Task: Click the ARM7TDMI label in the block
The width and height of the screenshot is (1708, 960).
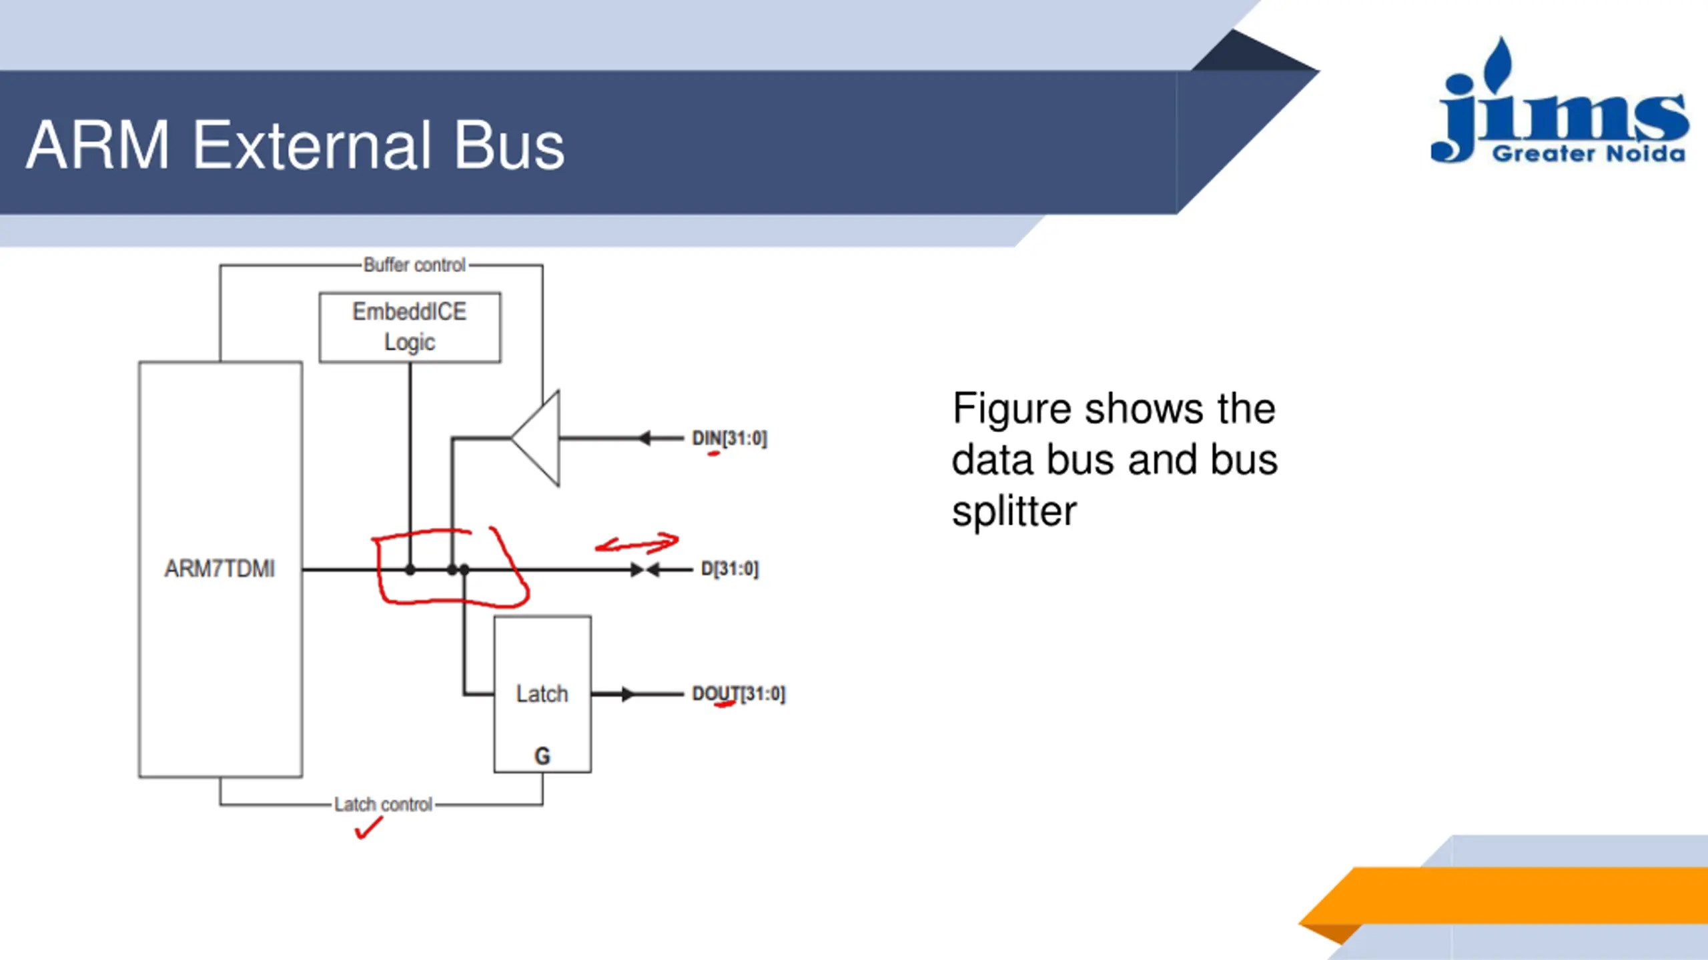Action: tap(220, 569)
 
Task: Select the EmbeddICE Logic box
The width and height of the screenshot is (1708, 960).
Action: tap(410, 327)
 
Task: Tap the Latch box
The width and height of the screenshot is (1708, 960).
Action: tap(542, 693)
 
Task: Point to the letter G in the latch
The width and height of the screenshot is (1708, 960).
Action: tap(542, 756)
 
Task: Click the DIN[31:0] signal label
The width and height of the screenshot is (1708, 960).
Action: tap(729, 439)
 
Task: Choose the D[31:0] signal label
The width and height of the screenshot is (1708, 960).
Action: tap(729, 569)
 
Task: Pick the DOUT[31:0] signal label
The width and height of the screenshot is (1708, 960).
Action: tap(739, 694)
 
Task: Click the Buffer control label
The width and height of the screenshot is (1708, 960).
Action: tap(414, 265)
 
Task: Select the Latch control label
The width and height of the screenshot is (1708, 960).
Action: tap(383, 805)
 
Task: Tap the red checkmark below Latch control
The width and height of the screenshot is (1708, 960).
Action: tap(368, 829)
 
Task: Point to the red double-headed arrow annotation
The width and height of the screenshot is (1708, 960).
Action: tap(637, 543)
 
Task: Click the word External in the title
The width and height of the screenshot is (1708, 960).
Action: tap(311, 145)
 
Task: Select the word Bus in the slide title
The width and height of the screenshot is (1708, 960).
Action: tap(509, 145)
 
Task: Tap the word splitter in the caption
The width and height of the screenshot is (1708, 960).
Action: tap(1013, 512)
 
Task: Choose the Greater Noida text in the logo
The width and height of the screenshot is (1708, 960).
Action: tap(1589, 154)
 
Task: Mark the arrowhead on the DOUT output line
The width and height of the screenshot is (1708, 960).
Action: tap(626, 694)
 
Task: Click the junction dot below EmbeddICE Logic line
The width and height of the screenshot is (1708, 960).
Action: tap(410, 570)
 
